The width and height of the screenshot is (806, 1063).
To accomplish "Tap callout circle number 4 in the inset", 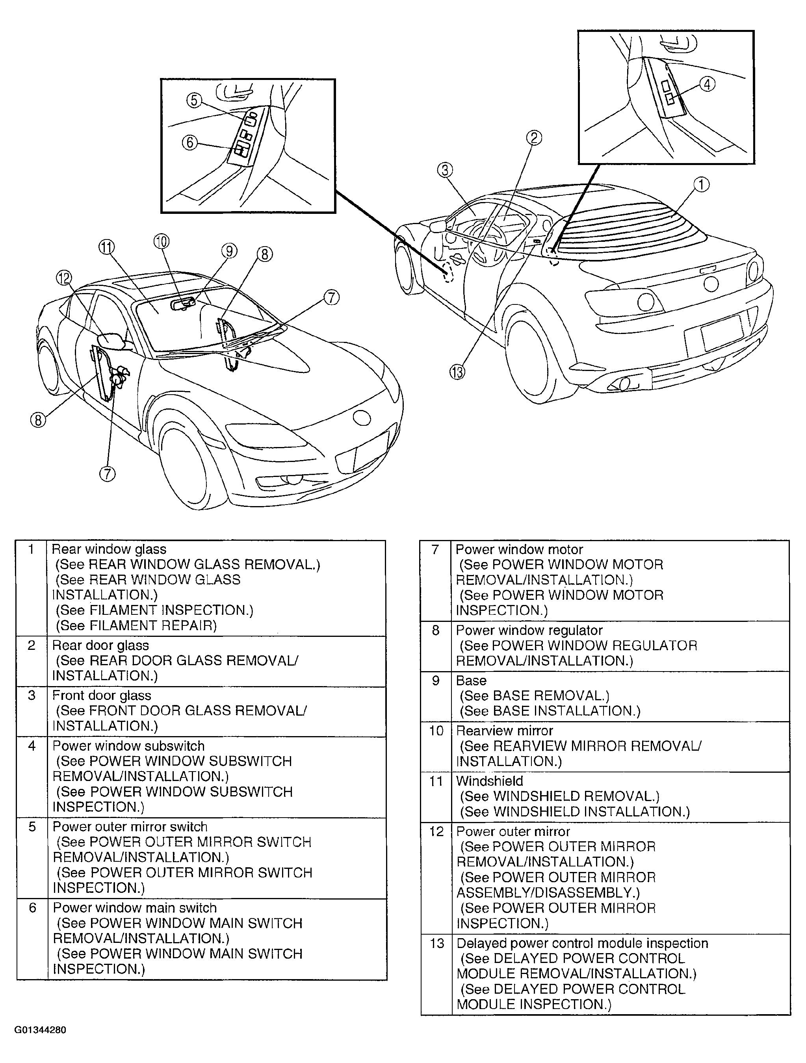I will [707, 85].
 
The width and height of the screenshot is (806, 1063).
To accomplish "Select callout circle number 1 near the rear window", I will [701, 185].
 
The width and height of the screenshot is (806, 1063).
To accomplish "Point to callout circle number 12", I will [64, 278].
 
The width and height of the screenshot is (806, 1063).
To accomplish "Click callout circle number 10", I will [162, 241].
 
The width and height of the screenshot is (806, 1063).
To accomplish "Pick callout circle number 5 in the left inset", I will [194, 100].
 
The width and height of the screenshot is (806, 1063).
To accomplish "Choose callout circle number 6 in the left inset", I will [190, 143].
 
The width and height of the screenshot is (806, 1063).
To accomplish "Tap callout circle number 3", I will [445, 170].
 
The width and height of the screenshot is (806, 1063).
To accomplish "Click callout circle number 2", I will [534, 138].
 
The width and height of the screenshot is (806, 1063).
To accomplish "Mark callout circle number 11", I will [106, 247].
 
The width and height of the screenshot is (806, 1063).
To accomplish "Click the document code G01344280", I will [40, 1030].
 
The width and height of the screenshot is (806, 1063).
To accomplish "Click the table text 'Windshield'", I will [489, 781].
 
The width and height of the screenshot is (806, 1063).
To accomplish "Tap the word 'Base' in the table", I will [471, 681].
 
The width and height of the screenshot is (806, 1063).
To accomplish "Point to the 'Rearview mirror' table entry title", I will [504, 731].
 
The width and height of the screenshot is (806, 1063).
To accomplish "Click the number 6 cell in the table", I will [32, 908].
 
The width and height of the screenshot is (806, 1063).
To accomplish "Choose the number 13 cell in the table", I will [436, 943].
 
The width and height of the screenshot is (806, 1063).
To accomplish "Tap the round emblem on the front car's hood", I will [362, 417].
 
